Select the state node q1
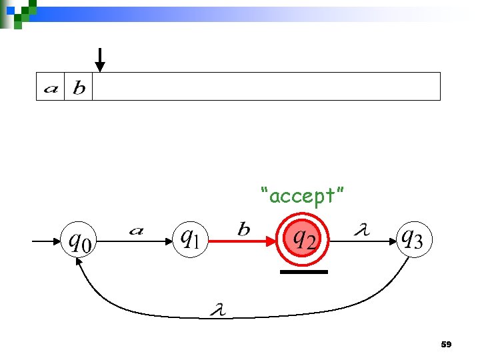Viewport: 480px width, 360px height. pyautogui.click(x=190, y=239)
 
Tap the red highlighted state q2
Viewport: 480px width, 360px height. pyautogui.click(x=303, y=238)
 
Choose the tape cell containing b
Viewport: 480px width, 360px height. pyautogui.click(x=79, y=87)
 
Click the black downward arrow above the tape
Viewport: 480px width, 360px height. pyautogui.click(x=99, y=59)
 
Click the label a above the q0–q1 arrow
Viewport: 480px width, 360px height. pyautogui.click(x=136, y=231)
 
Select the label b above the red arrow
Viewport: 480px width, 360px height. pyautogui.click(x=244, y=230)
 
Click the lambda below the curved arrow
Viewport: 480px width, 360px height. pyautogui.click(x=217, y=310)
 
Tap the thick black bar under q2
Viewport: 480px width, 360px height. pyautogui.click(x=303, y=272)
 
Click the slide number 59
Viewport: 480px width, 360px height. pyautogui.click(x=446, y=345)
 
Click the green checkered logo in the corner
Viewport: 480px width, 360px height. pyautogui.click(x=20, y=12)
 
